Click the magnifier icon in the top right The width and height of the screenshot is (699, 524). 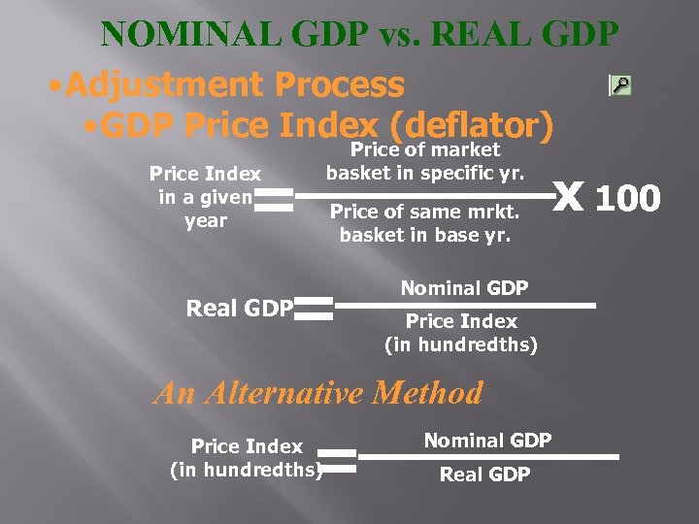pos(619,85)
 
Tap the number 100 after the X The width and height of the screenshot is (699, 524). pos(627,199)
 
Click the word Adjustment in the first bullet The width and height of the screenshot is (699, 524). pos(167,85)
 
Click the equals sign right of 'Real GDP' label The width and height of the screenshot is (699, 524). pos(315,309)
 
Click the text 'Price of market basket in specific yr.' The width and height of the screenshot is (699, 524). pos(425,161)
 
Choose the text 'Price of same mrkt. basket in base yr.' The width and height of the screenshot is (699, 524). pos(425,222)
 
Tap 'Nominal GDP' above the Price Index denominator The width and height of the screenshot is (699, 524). pos(464,288)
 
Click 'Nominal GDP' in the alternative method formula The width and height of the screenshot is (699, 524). pos(487,441)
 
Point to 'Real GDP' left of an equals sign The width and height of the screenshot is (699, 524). pos(239,309)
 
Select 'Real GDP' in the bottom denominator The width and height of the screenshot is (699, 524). pos(484,474)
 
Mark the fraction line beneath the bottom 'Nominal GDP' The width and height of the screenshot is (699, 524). pos(487,456)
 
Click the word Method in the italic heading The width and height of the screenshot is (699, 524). pos(433,393)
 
